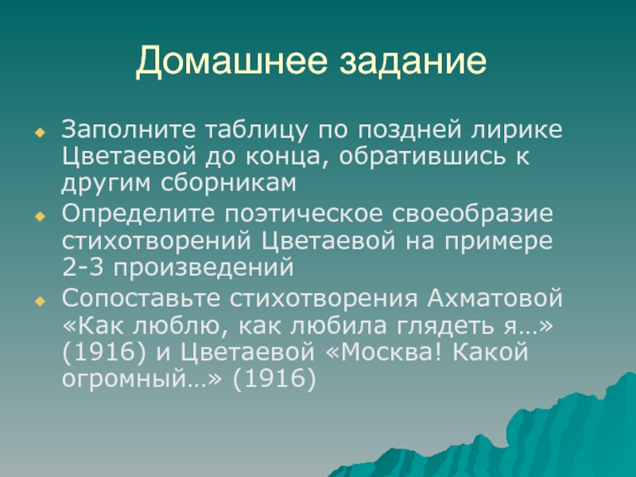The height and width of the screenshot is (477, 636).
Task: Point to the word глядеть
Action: (446, 327)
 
